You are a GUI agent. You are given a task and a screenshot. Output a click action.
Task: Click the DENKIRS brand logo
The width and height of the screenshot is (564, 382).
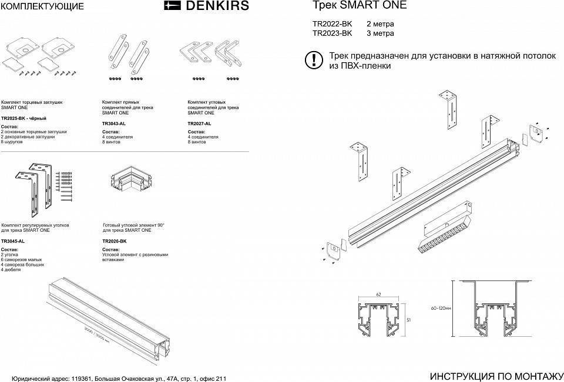[x=206, y=6]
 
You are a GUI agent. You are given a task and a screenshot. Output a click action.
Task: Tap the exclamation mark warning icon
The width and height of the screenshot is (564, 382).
[x=314, y=59]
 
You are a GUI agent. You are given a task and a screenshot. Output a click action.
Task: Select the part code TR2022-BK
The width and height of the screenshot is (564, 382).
[x=333, y=24]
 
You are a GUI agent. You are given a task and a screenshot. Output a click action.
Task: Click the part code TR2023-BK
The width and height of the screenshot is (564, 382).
[x=333, y=33]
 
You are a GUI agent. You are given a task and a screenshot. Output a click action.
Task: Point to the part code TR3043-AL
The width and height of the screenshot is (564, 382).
[x=114, y=124]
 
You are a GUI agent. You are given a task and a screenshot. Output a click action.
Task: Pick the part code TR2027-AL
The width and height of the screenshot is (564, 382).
[x=200, y=124]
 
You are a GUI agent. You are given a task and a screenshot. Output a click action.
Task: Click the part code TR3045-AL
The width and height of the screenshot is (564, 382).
[x=13, y=241]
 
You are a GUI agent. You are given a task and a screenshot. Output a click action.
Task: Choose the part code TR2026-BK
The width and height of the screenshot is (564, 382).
[x=115, y=241]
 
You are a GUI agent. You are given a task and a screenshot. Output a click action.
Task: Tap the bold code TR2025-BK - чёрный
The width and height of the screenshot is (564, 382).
[x=24, y=119]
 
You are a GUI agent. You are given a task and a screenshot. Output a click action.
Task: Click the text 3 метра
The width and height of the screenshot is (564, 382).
[x=380, y=33]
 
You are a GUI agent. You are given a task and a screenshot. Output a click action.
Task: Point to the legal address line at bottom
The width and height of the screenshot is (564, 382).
[x=114, y=378]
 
